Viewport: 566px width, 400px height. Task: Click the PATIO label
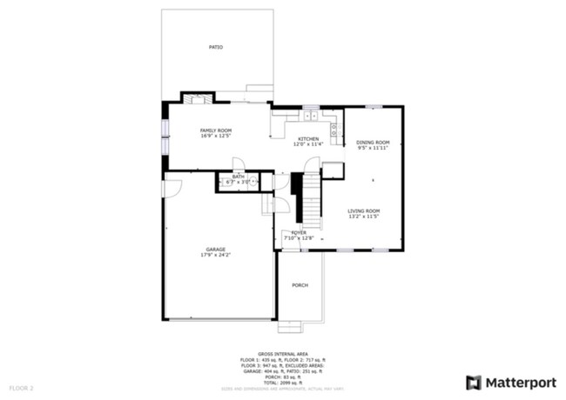(x=215, y=47)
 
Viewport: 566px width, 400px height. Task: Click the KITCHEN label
(x=308, y=139)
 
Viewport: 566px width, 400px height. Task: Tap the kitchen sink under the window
(x=311, y=114)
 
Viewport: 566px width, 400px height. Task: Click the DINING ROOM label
(x=373, y=143)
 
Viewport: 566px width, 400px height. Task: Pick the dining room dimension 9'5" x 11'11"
(x=373, y=149)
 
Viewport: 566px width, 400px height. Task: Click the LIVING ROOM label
(x=364, y=210)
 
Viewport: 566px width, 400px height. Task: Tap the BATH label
(x=238, y=177)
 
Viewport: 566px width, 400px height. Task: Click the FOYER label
(x=299, y=232)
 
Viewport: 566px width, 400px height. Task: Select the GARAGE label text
(x=215, y=250)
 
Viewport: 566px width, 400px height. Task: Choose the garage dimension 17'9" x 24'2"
(x=215, y=256)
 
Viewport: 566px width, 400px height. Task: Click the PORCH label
(x=300, y=285)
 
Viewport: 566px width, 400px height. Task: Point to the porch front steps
(x=289, y=327)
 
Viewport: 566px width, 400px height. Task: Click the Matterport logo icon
(x=474, y=382)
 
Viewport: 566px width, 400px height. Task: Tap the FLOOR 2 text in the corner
(x=21, y=387)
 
